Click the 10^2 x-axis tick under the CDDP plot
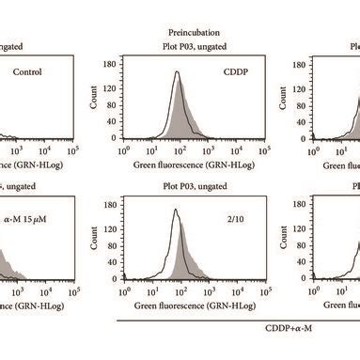[171, 149]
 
